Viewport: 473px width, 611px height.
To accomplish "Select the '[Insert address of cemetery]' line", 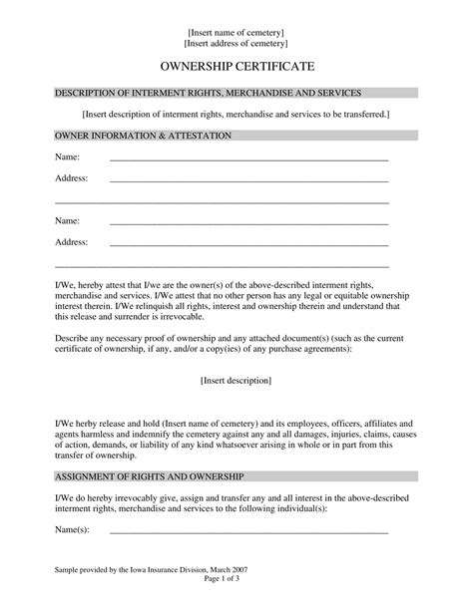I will [x=236, y=44].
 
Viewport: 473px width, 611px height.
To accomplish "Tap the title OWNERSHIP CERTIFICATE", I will [x=236, y=67].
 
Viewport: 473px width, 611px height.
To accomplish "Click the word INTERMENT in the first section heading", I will [x=150, y=93].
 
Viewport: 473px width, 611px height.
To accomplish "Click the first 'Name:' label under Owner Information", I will [x=67, y=157].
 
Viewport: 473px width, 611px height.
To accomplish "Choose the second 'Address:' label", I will [x=71, y=242].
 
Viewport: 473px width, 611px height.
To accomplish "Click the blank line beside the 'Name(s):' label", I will [x=248, y=532].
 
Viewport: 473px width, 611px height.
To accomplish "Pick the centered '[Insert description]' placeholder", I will [x=236, y=380].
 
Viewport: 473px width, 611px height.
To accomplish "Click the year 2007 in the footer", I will [x=238, y=597].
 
